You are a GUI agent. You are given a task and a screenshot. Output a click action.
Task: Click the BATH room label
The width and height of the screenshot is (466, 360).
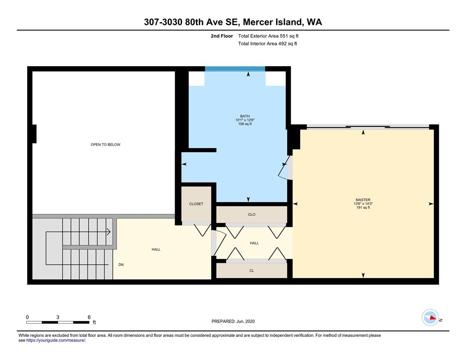[245, 116]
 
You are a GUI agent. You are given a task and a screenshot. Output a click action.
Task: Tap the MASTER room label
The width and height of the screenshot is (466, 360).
[363, 200]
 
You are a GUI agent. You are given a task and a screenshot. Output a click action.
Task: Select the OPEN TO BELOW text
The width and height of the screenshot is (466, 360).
[105, 144]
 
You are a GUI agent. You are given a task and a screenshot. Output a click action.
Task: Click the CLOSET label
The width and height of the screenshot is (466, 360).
[196, 204]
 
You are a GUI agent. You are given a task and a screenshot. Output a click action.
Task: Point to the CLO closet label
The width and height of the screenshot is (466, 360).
[251, 214]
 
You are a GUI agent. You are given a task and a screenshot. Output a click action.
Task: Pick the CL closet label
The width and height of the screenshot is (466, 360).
[251, 270]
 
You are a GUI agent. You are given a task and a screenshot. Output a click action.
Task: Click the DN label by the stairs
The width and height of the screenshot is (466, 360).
[121, 265]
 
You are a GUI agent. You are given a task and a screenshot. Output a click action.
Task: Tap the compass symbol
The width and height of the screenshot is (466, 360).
[430, 317]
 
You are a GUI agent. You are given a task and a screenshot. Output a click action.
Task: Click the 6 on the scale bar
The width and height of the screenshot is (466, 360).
[89, 317]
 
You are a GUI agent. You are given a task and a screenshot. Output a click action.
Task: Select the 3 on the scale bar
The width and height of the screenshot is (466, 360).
[58, 317]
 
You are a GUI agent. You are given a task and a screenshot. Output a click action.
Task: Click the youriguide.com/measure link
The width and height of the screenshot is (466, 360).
[56, 341]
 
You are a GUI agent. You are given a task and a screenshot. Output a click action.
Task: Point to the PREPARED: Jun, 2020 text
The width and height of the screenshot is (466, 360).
[233, 321]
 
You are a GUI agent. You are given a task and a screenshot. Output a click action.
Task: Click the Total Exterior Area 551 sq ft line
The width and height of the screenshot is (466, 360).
[268, 36]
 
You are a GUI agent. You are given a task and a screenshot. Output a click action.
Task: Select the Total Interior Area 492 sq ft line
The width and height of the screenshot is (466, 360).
[268, 44]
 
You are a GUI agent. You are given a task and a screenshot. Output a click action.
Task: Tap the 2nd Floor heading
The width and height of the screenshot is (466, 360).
[222, 36]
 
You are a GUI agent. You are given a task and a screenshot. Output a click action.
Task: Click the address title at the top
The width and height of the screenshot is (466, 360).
[233, 22]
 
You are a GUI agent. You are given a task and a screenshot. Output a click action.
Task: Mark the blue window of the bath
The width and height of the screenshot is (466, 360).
[235, 69]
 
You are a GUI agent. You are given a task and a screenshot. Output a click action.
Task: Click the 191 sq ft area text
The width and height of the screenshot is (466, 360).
[363, 208]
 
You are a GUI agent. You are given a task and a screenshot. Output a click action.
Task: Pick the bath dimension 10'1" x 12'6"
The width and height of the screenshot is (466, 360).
[245, 120]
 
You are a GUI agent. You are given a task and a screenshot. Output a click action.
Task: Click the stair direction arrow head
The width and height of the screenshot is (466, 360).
[109, 231]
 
